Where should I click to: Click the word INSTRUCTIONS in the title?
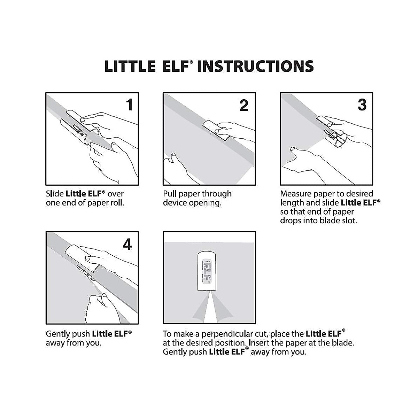tap(255, 66)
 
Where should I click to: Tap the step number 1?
tap(129, 105)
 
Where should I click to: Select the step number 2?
tap(244, 105)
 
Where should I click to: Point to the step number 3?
tap(362, 105)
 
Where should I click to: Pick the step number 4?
tap(127, 245)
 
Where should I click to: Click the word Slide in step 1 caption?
tap(55, 194)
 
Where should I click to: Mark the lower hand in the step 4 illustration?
tap(101, 307)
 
